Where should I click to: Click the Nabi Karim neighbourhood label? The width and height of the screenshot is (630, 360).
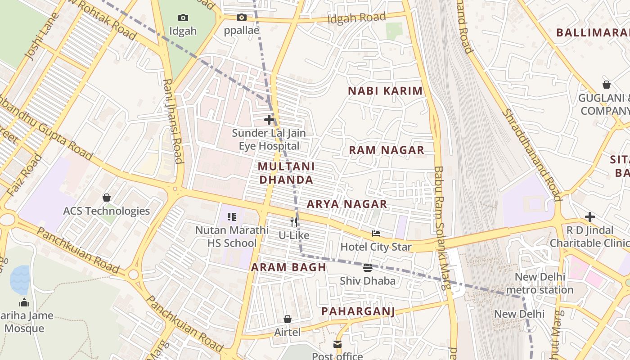(385, 91)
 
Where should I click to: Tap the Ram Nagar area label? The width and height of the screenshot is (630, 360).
(387, 150)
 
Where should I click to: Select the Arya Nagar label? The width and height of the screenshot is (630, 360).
(347, 204)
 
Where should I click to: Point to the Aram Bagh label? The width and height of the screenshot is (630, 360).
(288, 267)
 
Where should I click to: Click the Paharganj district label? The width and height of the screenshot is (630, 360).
(358, 311)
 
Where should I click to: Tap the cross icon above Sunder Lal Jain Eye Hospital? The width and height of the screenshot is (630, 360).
(269, 120)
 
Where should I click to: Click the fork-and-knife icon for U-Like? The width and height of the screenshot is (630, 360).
(294, 222)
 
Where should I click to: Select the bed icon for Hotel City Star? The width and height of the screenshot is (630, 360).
(376, 234)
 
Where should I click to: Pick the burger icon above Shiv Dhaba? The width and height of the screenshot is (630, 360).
(368, 268)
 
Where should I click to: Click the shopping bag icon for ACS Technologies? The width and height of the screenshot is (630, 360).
(107, 198)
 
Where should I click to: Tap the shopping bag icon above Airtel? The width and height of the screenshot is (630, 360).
(288, 319)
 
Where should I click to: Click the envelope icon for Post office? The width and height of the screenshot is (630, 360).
(337, 344)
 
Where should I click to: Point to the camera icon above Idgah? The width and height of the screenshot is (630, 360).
(183, 18)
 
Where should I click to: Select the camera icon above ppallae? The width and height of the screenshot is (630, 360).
(242, 18)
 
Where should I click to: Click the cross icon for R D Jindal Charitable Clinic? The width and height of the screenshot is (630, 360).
(589, 217)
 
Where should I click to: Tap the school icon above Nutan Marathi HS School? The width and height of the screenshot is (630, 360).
(232, 217)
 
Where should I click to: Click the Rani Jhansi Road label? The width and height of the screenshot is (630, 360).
(173, 121)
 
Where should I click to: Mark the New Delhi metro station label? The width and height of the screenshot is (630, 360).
(540, 283)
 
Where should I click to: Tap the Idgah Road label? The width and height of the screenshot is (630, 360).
(356, 18)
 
